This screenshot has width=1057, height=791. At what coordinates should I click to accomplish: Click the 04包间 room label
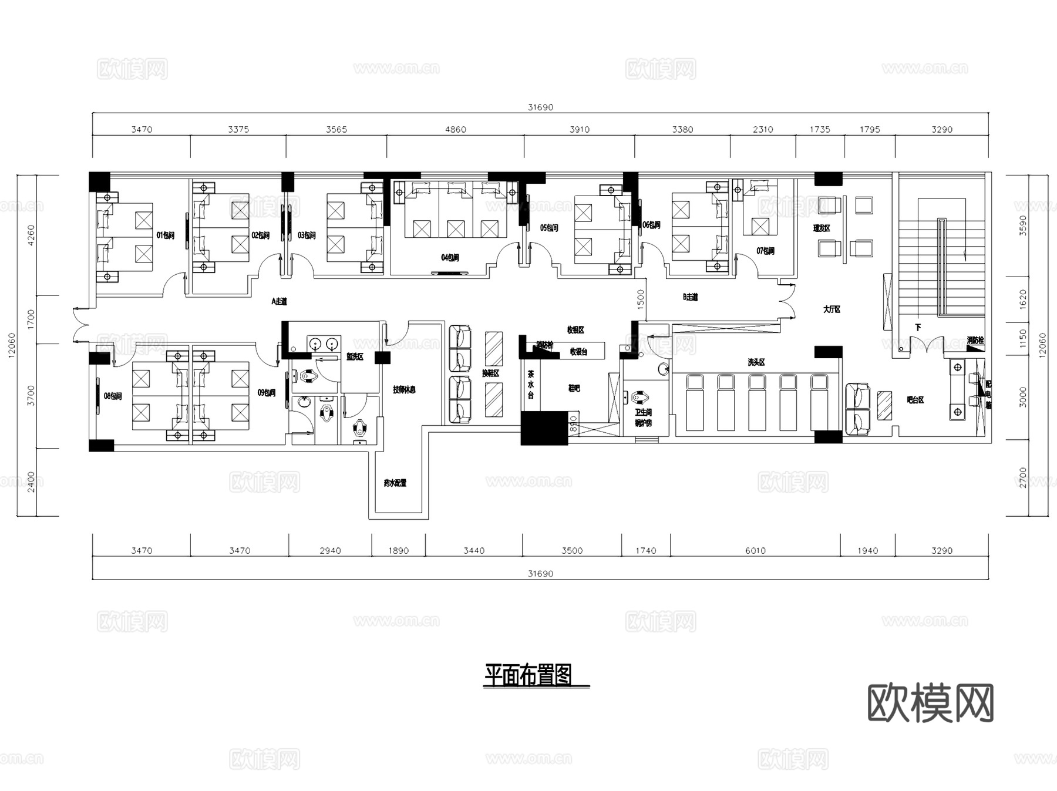[450, 258]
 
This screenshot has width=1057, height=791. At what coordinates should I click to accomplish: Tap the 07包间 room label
[765, 251]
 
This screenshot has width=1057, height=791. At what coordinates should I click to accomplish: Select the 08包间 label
[113, 396]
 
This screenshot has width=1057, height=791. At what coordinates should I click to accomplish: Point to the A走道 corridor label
[279, 301]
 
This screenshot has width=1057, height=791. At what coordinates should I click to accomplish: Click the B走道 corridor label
[690, 297]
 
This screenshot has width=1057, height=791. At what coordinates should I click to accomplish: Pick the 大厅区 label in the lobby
[832, 309]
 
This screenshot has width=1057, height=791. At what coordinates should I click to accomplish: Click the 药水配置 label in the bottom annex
[395, 483]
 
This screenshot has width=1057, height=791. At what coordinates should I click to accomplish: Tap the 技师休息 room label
[404, 389]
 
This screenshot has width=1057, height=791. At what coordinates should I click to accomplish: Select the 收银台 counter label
[578, 352]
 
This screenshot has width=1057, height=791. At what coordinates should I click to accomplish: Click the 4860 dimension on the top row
[455, 130]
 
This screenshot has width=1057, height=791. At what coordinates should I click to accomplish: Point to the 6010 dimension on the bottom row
[755, 551]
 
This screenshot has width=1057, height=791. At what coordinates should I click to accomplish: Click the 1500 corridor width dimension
[641, 299]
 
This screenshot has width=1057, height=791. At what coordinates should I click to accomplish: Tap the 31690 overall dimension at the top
[540, 107]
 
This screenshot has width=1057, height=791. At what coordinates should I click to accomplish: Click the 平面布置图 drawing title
[528, 675]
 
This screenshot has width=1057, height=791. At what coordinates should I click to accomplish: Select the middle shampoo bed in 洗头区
[757, 402]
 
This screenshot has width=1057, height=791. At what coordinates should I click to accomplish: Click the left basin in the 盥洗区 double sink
[315, 342]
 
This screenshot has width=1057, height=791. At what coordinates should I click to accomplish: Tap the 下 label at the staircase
[918, 327]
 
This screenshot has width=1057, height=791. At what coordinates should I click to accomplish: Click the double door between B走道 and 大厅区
[786, 301]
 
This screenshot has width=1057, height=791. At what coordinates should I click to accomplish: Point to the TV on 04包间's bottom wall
[447, 273]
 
